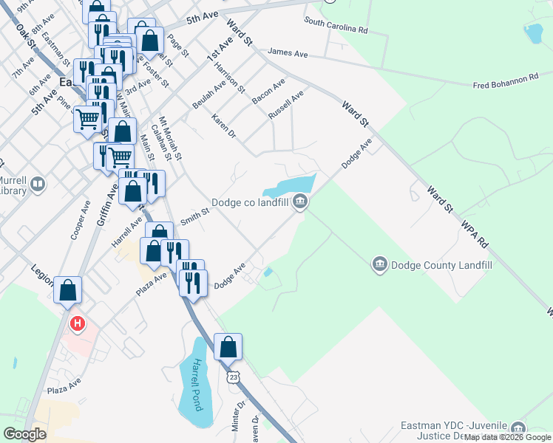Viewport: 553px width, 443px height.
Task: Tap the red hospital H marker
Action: (x=76, y=323)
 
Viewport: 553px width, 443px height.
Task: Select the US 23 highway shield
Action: (x=234, y=377)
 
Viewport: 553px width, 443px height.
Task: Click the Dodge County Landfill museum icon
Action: (x=379, y=264)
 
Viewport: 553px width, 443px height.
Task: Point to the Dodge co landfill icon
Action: (x=300, y=202)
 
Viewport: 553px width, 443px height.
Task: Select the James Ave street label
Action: (x=288, y=52)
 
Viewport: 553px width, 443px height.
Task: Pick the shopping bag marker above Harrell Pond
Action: (x=228, y=346)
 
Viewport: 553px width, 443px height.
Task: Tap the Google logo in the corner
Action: (x=24, y=433)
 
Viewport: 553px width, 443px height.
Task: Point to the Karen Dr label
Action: (x=223, y=126)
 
